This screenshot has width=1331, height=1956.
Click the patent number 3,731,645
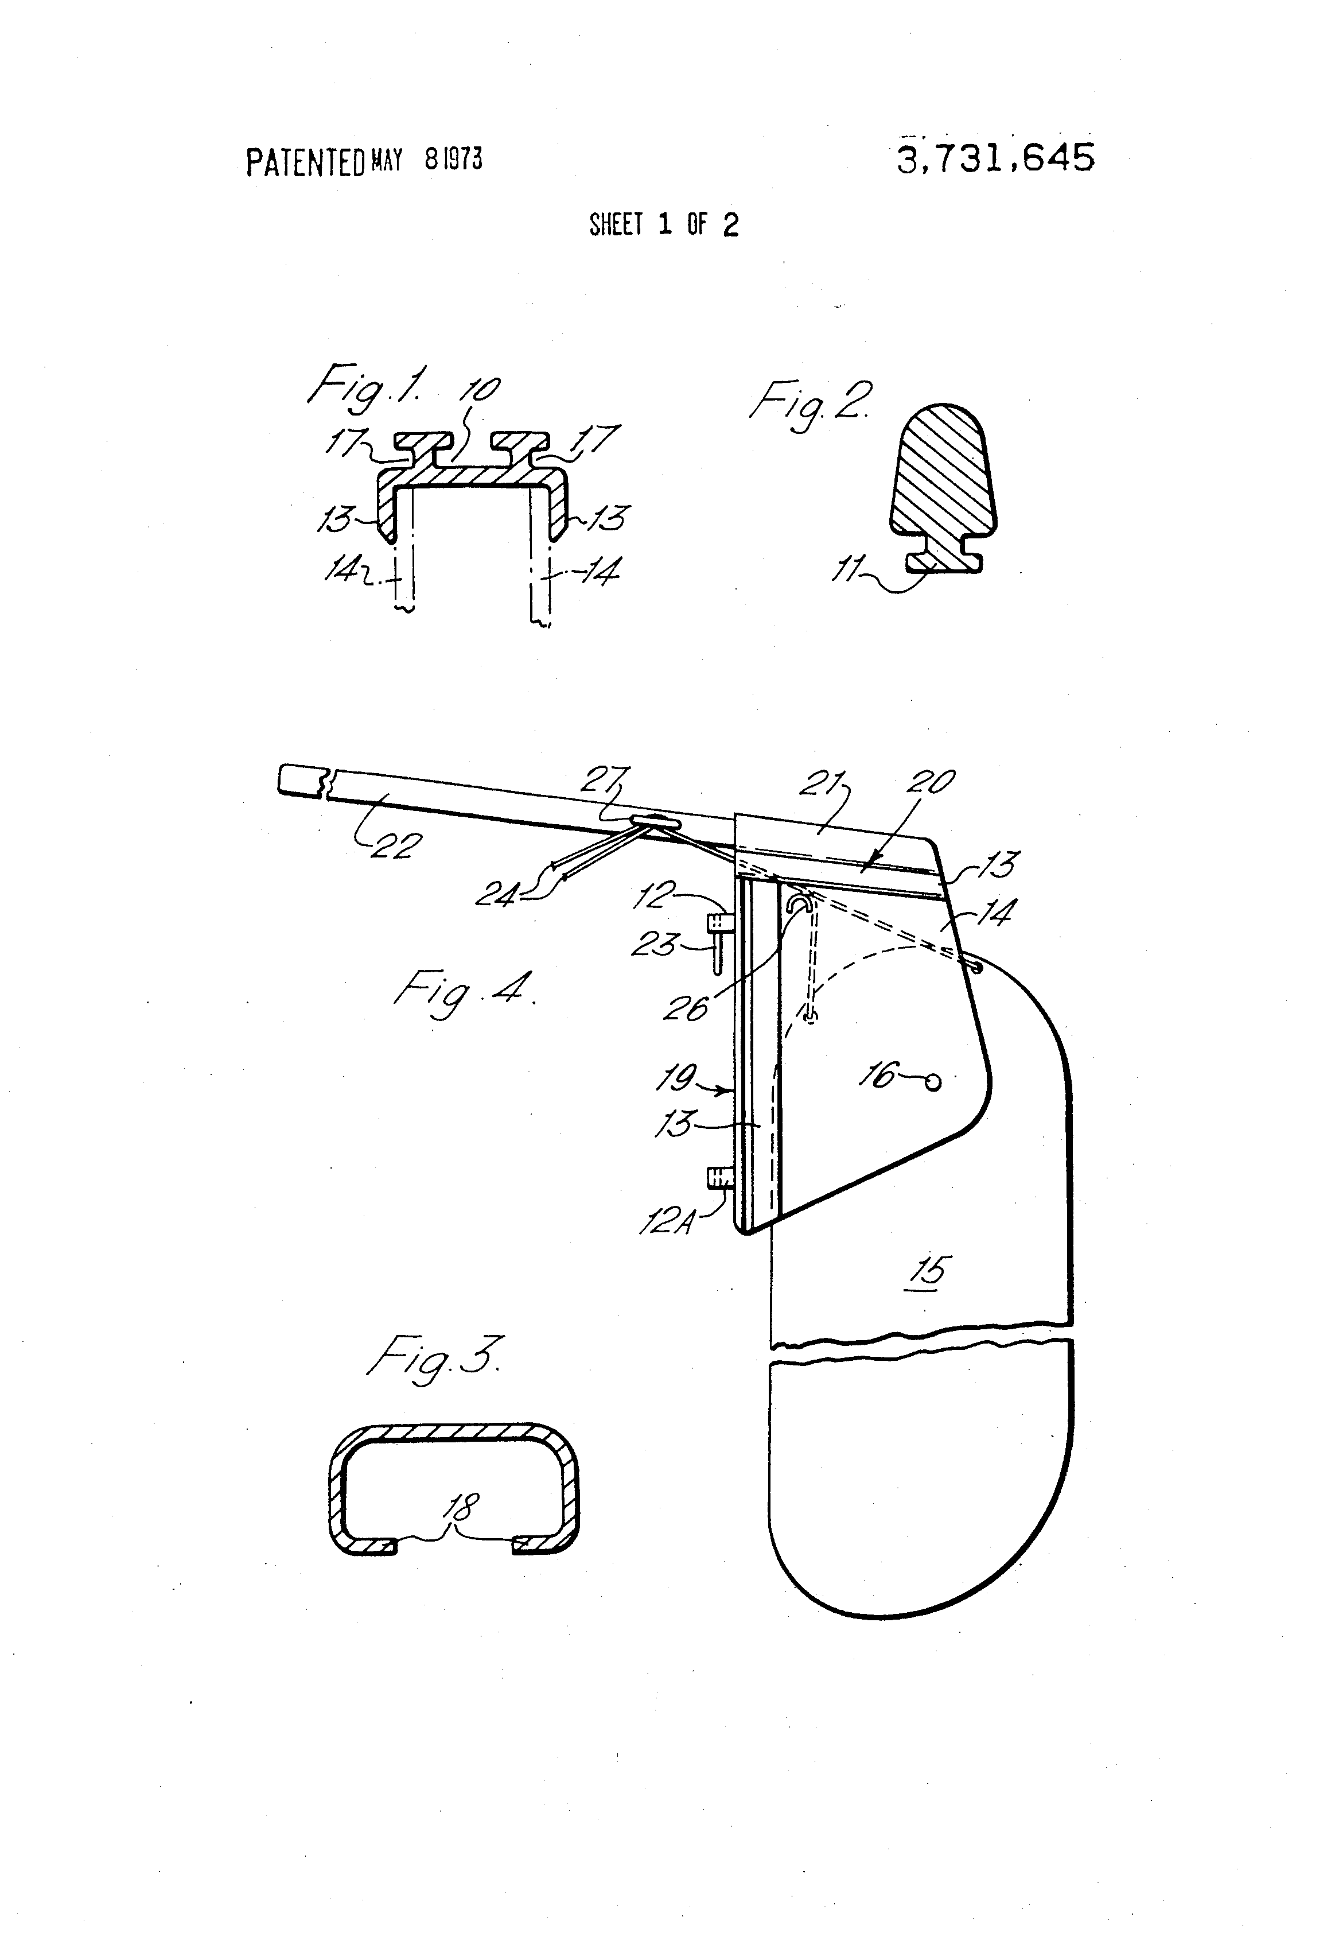[995, 157]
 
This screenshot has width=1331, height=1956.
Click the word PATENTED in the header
[305, 162]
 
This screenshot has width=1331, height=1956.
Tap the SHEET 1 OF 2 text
[664, 225]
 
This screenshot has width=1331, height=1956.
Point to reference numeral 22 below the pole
[394, 844]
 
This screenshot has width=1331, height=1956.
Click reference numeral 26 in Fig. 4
[686, 1007]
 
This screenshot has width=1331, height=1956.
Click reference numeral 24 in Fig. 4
[497, 894]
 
